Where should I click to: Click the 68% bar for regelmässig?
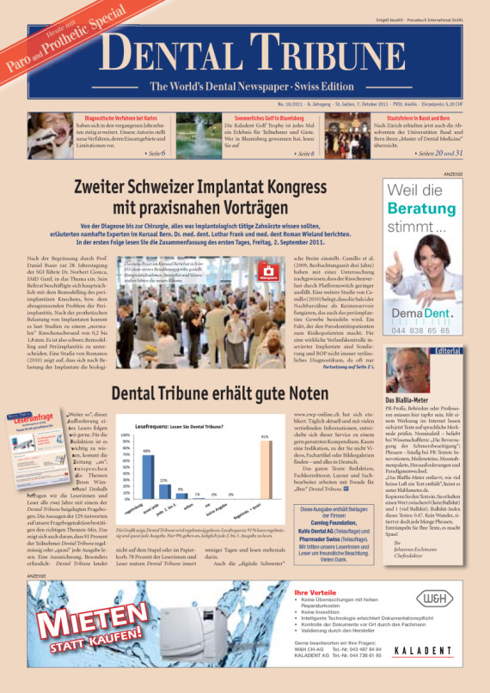(147, 474)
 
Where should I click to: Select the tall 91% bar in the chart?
(265, 468)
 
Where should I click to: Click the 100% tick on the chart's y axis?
(126, 436)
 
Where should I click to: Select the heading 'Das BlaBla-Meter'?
(408, 401)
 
